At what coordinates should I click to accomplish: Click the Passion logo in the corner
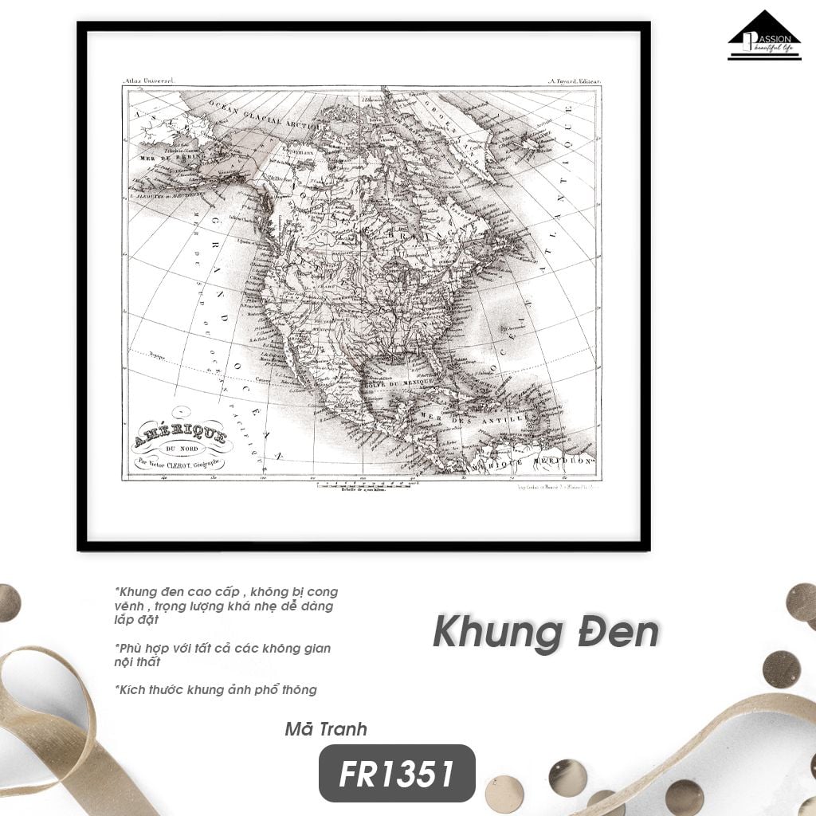pyautogui.click(x=763, y=35)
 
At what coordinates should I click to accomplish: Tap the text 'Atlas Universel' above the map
pyautogui.click(x=149, y=80)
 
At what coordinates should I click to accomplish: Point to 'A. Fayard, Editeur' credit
pyautogui.click(x=574, y=80)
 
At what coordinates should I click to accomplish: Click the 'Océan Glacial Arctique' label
pyautogui.click(x=268, y=115)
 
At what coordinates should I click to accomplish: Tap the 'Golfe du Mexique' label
pyautogui.click(x=400, y=384)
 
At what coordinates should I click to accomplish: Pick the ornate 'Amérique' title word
pyautogui.click(x=181, y=435)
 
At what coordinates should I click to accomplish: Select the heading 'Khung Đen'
pyautogui.click(x=546, y=633)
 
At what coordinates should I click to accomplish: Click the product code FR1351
pyautogui.click(x=397, y=773)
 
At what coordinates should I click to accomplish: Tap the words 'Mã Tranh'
pyautogui.click(x=326, y=728)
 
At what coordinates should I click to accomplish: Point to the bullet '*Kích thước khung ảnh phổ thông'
pyautogui.click(x=216, y=689)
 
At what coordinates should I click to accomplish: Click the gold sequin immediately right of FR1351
pyautogui.click(x=504, y=793)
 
